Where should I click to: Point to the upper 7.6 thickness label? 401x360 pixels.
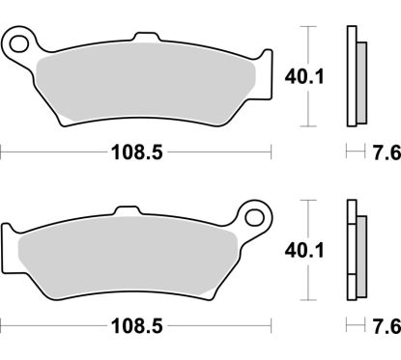(380, 152)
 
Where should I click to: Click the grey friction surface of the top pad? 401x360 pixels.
(145, 85)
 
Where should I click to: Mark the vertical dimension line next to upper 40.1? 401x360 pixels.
(306, 77)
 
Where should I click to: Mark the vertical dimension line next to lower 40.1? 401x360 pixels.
(306, 248)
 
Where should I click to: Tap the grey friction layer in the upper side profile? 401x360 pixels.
(361, 84)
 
